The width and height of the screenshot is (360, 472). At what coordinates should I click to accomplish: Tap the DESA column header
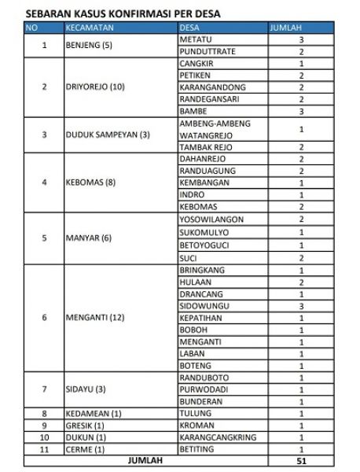click(189, 26)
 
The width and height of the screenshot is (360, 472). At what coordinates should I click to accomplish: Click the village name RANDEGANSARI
click(208, 99)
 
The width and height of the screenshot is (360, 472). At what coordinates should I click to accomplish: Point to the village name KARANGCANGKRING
click(216, 437)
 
